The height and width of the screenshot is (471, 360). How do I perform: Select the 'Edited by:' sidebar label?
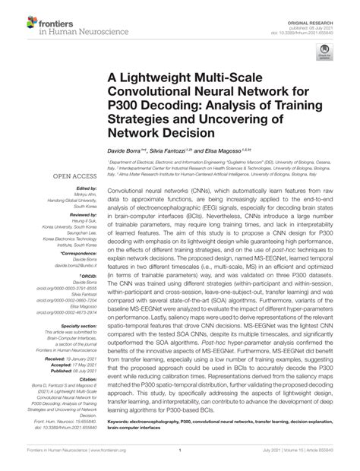pos(83,188)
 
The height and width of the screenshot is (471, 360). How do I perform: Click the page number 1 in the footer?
pos(178,458)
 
